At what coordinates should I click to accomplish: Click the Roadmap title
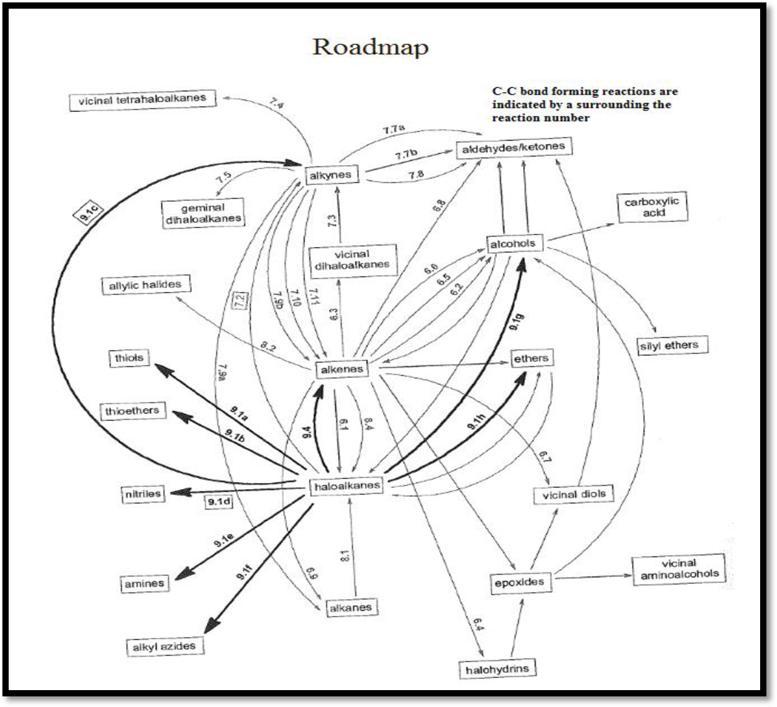370,47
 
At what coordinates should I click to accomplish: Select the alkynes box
331,175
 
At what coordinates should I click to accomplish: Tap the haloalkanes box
347,486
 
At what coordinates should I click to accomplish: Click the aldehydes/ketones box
513,148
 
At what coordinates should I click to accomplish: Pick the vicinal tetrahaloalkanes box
142,100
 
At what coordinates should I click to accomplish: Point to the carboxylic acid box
652,207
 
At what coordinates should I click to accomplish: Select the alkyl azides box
164,646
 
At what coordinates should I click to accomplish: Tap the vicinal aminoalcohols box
679,569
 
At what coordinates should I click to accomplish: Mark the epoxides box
520,582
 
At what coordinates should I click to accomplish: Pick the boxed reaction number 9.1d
219,502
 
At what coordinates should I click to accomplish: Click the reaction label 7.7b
406,155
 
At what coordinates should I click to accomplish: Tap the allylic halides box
145,285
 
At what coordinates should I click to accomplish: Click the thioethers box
132,411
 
